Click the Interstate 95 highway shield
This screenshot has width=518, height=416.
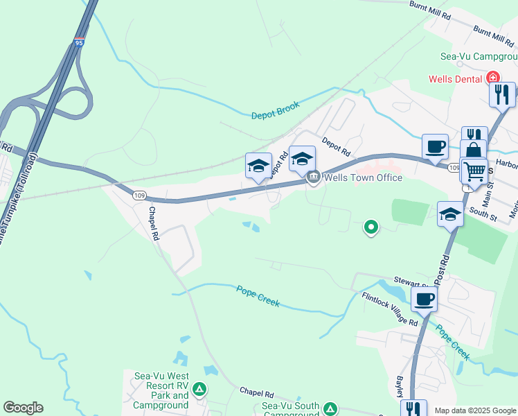pyautogui.click(x=80, y=43)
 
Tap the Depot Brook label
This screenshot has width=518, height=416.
pyautogui.click(x=275, y=110)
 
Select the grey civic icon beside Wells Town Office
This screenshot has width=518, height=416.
pyautogui.click(x=314, y=177)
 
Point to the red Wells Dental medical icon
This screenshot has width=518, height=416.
pyautogui.click(x=493, y=78)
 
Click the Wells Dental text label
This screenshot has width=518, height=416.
pyautogui.click(x=455, y=78)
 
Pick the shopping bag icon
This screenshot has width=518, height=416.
pyautogui.click(x=474, y=150)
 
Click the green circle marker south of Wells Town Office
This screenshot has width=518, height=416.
pyautogui.click(x=371, y=226)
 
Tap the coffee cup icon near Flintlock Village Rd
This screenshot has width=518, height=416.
pyautogui.click(x=424, y=300)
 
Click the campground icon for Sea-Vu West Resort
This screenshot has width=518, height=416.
pyautogui.click(x=199, y=390)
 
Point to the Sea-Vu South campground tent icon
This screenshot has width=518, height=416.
pyautogui.click(x=330, y=408)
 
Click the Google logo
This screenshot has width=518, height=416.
pyautogui.click(x=23, y=408)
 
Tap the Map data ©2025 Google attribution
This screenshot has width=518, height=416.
pyautogui.click(x=474, y=410)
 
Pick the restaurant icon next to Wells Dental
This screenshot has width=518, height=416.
pyautogui.click(x=502, y=94)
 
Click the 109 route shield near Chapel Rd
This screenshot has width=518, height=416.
pyautogui.click(x=141, y=196)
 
